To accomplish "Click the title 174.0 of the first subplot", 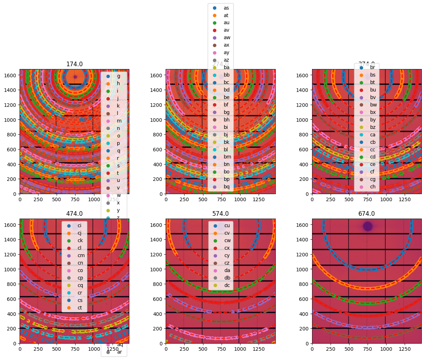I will click(74, 64).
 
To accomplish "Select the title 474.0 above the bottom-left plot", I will click(74, 214).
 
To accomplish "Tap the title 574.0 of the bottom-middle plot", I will click(221, 214).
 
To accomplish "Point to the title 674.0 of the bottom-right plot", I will click(367, 214).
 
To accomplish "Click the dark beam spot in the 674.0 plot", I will click(367, 226).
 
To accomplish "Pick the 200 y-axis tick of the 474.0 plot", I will click(14, 329).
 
